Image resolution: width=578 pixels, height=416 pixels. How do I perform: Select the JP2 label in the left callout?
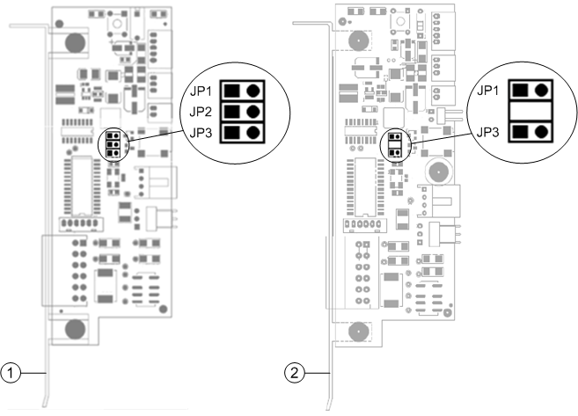pos(200,112)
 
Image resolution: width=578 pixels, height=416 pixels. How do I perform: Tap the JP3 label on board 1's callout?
pos(200,132)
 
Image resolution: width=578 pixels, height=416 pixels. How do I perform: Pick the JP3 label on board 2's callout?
pos(489,132)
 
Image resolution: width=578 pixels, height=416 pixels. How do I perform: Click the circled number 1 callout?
pos(11,373)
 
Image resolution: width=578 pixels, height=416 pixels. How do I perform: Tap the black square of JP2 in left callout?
pos(232,112)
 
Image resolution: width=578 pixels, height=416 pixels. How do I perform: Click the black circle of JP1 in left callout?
pos(254,91)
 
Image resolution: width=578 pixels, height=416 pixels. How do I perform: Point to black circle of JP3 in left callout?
pos(254,132)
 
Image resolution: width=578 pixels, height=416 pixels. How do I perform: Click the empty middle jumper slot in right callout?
pos(530,112)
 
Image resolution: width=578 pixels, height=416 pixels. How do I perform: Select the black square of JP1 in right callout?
pos(521,91)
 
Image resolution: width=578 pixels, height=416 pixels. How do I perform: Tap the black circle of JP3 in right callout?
pos(542,132)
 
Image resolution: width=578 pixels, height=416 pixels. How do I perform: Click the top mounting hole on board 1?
pos(75,41)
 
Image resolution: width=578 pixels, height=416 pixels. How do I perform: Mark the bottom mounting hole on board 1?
pos(75,329)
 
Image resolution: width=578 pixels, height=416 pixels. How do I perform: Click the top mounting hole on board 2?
pos(358,41)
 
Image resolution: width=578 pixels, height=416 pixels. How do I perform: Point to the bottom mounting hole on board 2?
pos(358,331)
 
